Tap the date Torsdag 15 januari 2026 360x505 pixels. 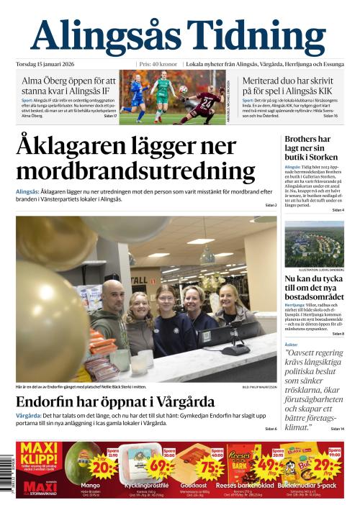[x=49, y=63]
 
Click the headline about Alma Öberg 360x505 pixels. [x=68, y=86]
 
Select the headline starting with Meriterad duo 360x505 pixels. [x=288, y=86]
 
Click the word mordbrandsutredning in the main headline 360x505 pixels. [x=135, y=171]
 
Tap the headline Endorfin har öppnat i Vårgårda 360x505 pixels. [x=115, y=401]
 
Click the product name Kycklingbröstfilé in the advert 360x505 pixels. [x=135, y=486]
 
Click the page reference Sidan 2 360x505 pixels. [x=270, y=206]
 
